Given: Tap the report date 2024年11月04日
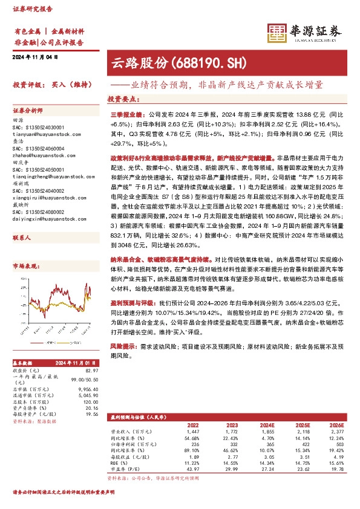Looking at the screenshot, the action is [x=34, y=57].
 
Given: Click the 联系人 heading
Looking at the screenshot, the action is [x=22, y=222].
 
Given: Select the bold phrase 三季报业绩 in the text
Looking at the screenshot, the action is [x=125, y=113].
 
